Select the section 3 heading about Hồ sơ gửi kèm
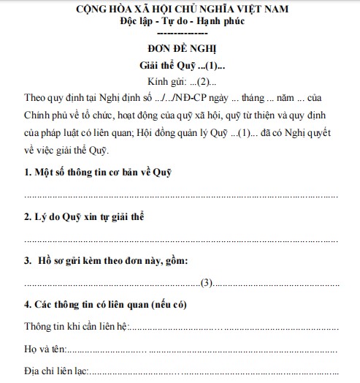click(x=107, y=260)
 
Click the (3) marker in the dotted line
click(x=207, y=282)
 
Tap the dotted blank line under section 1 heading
click(x=180, y=195)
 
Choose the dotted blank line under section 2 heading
click(x=180, y=239)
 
